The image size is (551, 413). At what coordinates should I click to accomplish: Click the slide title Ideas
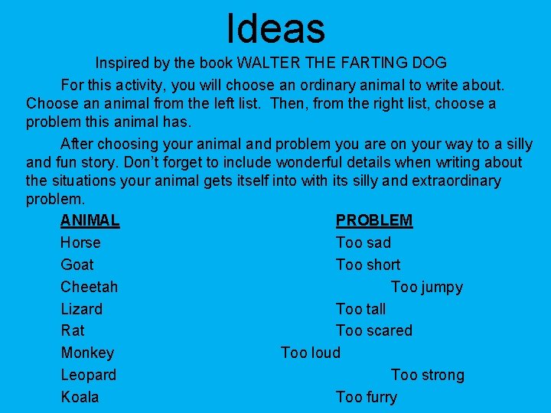[275, 28]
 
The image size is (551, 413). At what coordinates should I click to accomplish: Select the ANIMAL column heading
[90, 220]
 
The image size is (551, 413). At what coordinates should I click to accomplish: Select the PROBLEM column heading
[374, 220]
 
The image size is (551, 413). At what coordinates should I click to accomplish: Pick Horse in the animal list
[80, 242]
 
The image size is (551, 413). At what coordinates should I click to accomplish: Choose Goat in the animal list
[77, 265]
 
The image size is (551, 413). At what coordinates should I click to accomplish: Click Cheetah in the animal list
[89, 287]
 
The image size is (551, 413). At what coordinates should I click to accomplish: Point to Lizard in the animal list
[81, 309]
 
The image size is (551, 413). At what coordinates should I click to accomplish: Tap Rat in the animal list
[73, 330]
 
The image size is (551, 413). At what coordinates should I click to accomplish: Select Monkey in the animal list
[87, 353]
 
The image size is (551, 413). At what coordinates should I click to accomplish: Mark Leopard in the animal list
[89, 375]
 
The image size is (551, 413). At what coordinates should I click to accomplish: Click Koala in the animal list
[80, 397]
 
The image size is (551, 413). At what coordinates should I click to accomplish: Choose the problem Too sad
[364, 242]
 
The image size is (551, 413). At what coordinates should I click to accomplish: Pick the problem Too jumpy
[426, 287]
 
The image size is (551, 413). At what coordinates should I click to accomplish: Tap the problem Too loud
[311, 353]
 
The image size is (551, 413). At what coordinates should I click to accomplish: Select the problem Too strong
[427, 375]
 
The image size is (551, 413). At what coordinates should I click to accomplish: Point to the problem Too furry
[367, 397]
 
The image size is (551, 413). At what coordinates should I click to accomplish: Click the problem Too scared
[374, 330]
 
